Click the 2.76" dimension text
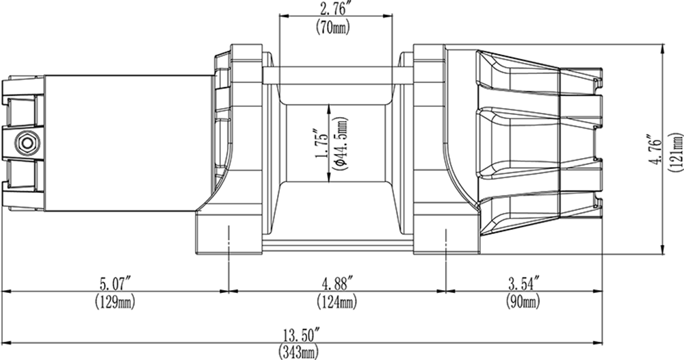pos(336,8)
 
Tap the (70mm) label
pos(333,28)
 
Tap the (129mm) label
pos(115,302)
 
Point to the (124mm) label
pos(337,302)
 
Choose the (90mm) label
pos(523,302)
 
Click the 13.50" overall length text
pos(302,335)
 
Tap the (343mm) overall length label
pos(298,352)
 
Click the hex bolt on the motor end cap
pos(27,142)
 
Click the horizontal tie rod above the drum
pos(337,75)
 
